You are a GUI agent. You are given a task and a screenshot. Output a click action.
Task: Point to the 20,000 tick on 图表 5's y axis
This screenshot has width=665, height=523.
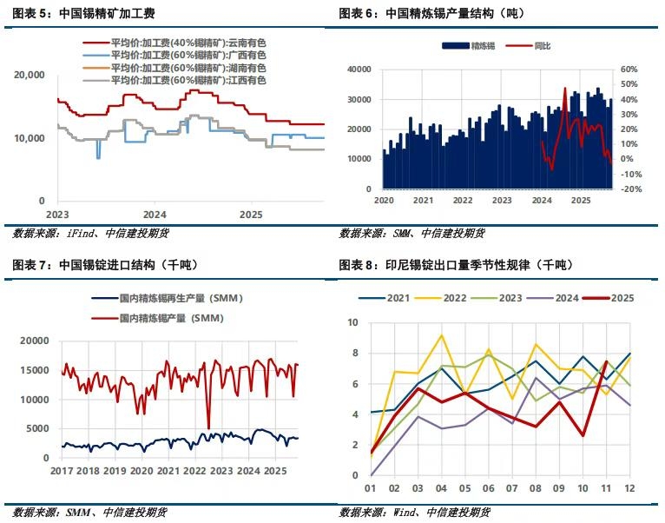[30, 76]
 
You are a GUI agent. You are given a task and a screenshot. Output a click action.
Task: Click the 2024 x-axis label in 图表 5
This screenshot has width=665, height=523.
[155, 214]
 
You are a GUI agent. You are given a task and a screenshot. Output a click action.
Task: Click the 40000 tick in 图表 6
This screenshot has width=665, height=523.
[359, 70]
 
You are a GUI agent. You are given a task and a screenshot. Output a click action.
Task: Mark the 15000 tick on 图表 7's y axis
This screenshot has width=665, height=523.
[35, 370]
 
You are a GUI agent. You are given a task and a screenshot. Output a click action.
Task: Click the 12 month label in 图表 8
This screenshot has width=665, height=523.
[628, 489]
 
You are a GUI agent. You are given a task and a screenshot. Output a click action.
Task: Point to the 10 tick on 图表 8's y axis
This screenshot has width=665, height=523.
[353, 322]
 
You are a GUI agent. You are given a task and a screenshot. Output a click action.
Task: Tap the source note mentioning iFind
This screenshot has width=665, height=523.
[81, 232]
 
